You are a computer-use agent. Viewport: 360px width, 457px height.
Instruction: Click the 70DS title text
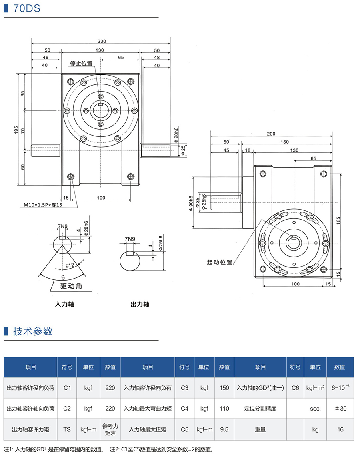(x=27, y=8)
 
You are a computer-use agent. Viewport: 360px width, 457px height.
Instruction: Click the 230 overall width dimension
(x=101, y=41)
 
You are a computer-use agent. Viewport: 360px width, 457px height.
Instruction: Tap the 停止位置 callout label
(x=81, y=63)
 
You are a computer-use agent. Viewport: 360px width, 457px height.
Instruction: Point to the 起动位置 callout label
(x=220, y=262)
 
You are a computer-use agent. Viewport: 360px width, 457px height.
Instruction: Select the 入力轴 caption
(x=64, y=304)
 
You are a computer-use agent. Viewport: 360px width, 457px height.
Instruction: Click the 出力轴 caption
(x=140, y=304)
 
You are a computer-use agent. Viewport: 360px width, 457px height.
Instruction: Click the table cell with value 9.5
(x=224, y=429)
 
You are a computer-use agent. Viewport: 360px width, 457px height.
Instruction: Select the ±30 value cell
(x=340, y=409)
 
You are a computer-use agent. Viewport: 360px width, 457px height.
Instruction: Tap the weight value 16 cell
(x=340, y=429)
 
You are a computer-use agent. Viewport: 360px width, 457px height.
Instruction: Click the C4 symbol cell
(x=184, y=409)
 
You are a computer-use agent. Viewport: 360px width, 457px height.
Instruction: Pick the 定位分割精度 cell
(x=260, y=409)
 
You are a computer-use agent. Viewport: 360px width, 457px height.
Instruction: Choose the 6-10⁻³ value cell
(x=340, y=387)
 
